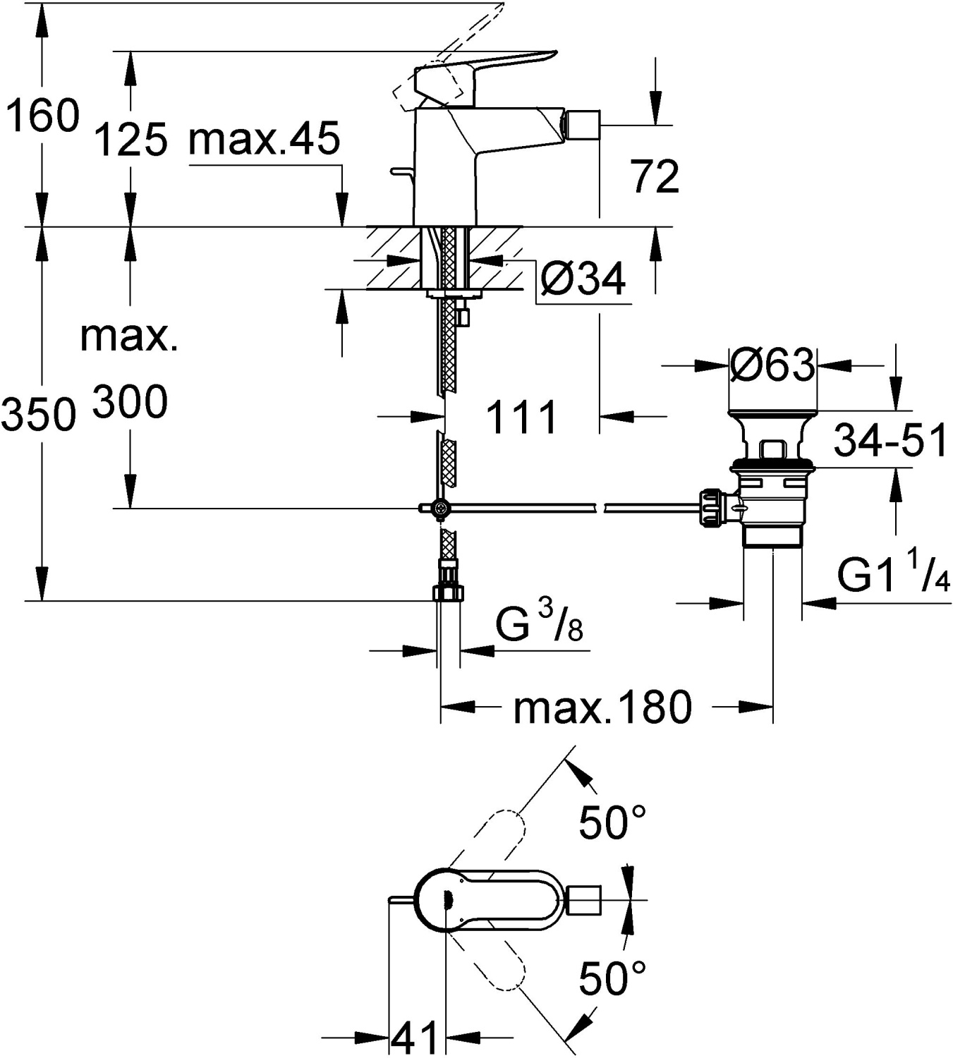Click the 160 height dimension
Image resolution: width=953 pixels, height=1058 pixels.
tap(42, 116)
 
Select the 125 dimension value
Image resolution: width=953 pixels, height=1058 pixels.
tap(130, 139)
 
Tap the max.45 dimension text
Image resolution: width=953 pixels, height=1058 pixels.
tap(265, 138)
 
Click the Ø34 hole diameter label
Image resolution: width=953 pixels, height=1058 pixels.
tap(583, 279)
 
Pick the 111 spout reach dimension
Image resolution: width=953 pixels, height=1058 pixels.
tap(522, 417)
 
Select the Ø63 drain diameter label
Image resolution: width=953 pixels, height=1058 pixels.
tap(772, 365)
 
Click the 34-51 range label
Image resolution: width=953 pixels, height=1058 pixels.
tap(891, 442)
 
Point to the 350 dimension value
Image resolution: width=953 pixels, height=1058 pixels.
tap(38, 415)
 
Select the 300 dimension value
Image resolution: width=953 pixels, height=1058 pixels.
tap(130, 403)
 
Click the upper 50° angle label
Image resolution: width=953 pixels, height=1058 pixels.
tap(612, 822)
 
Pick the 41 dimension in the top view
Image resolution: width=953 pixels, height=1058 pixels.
tap(415, 1038)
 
